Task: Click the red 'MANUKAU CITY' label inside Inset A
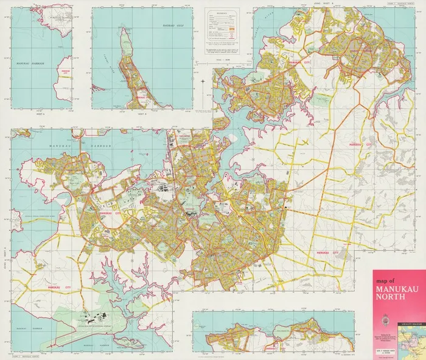(63, 71)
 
